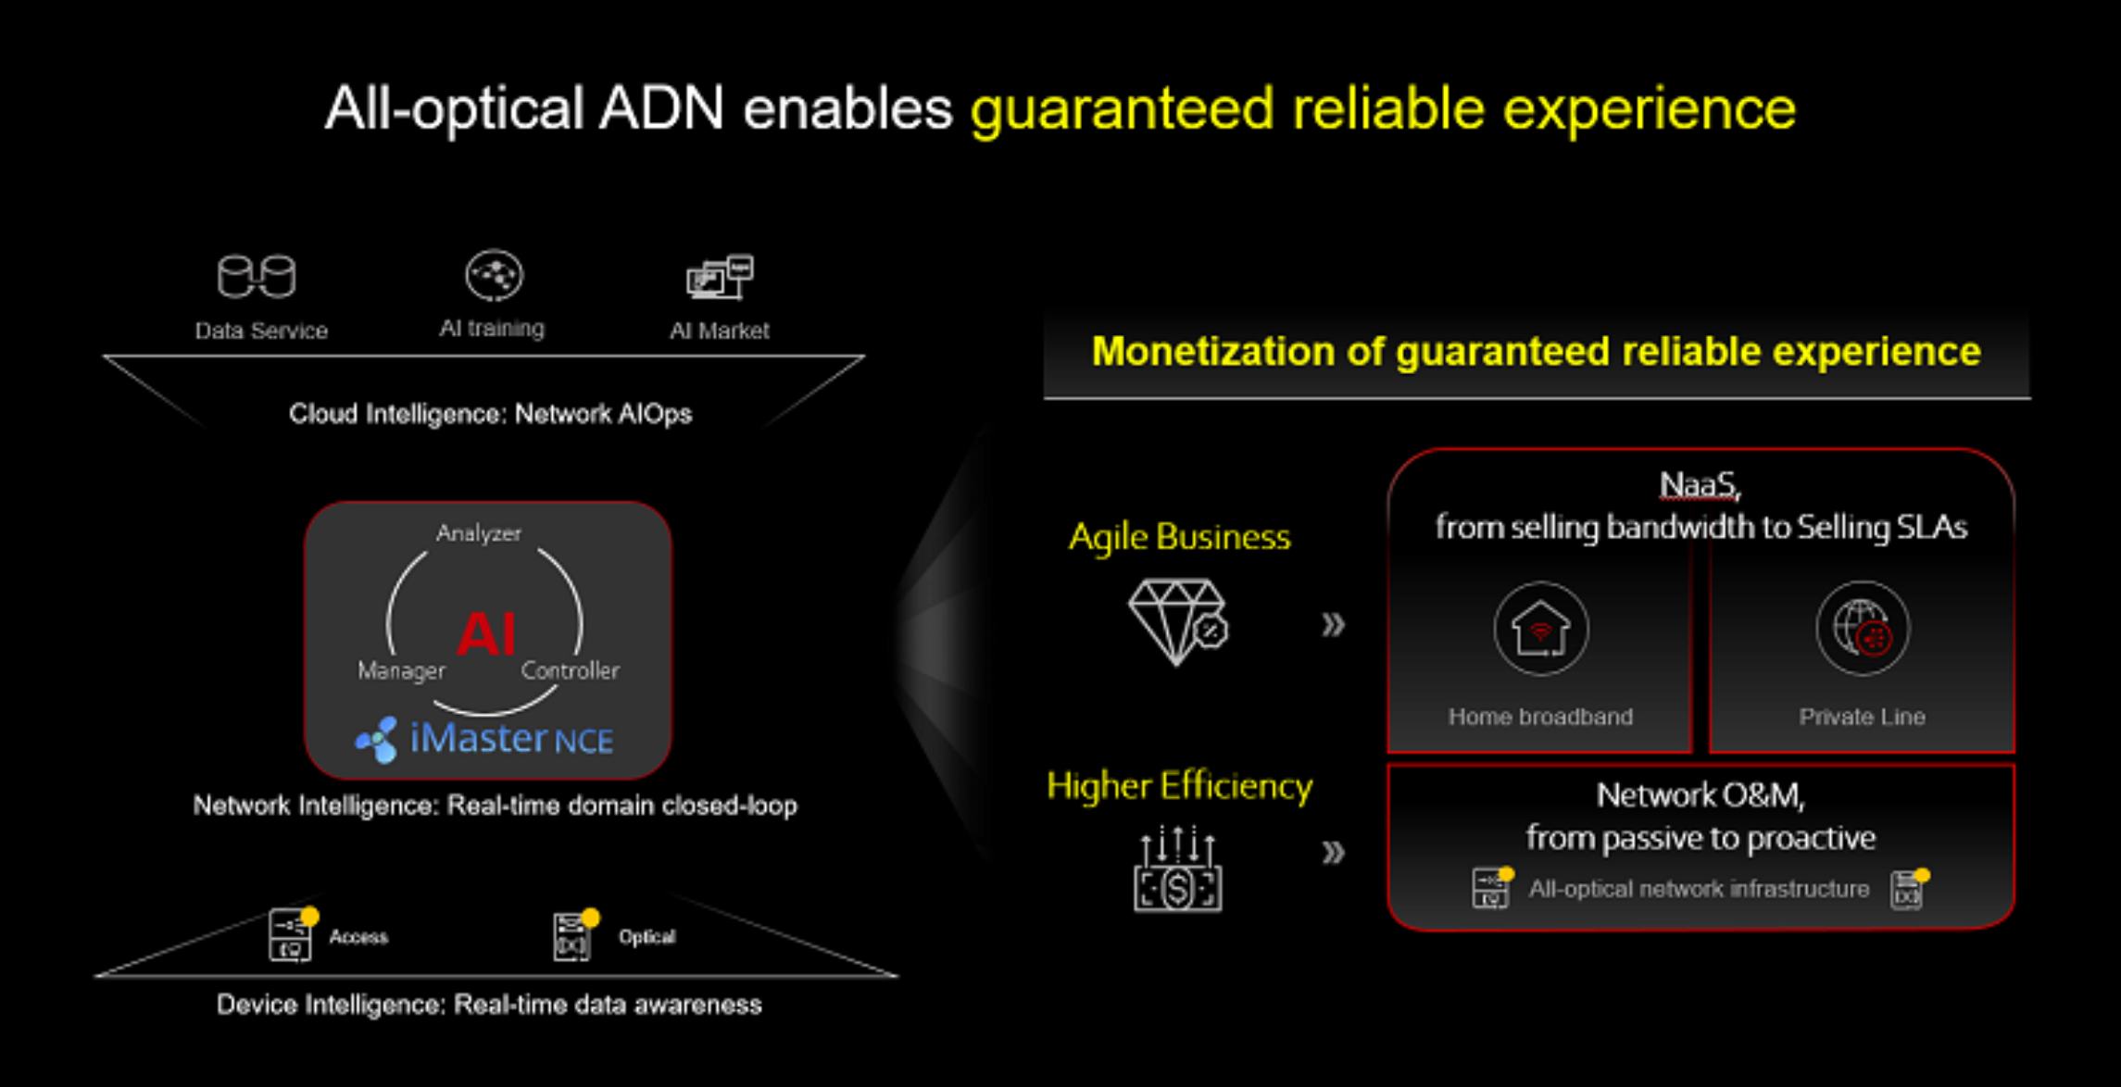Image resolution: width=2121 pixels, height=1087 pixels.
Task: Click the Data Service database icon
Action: click(257, 276)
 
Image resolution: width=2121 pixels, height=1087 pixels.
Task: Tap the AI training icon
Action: click(494, 275)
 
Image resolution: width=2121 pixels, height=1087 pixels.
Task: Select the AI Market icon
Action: click(720, 277)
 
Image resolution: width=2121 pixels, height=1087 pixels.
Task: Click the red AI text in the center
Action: click(486, 634)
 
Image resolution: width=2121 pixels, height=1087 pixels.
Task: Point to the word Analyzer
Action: click(479, 533)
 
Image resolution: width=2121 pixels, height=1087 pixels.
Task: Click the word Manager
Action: click(401, 670)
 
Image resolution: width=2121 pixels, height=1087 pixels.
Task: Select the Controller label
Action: click(570, 670)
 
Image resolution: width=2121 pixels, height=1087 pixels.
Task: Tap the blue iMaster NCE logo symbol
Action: click(377, 740)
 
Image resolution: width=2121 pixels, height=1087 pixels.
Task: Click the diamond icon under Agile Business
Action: click(1177, 622)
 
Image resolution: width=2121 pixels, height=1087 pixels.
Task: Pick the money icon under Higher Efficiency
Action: click(1177, 869)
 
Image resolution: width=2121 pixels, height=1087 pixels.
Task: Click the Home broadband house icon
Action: click(1540, 629)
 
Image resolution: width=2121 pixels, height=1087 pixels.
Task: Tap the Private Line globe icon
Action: click(1863, 629)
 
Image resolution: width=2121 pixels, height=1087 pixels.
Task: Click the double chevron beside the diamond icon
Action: click(1333, 625)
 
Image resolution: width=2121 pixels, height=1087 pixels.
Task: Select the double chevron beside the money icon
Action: click(1333, 852)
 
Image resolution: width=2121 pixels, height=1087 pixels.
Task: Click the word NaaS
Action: click(1699, 484)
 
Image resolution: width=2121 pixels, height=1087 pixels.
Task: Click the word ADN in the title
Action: click(660, 108)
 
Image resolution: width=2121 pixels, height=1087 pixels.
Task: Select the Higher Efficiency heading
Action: click(1179, 786)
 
